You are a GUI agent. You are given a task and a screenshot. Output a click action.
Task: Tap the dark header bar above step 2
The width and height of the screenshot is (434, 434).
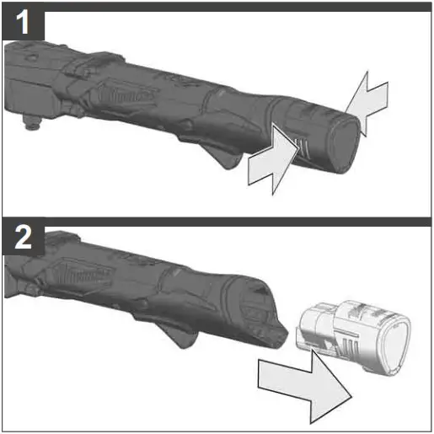point(236,222)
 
